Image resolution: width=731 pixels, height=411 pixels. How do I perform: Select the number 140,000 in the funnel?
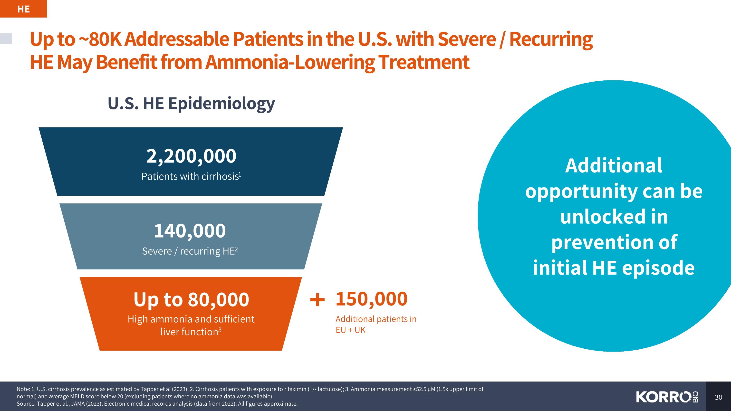coord(190,231)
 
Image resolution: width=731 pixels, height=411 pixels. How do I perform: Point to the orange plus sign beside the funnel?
coord(317,300)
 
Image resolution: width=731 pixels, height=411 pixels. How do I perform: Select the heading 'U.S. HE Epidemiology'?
coord(191,104)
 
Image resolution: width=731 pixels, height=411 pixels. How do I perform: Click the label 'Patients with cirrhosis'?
coord(190,176)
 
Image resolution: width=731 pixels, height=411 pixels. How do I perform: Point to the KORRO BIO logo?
coord(667,397)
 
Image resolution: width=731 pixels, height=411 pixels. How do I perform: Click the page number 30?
coord(718,397)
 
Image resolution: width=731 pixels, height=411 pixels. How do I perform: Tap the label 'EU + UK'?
coord(350,330)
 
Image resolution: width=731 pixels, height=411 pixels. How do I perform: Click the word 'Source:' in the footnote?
coord(26,404)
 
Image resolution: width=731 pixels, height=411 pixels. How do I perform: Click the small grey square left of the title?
coord(6,38)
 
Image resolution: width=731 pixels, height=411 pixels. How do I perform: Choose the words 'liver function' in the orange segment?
coord(189,332)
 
